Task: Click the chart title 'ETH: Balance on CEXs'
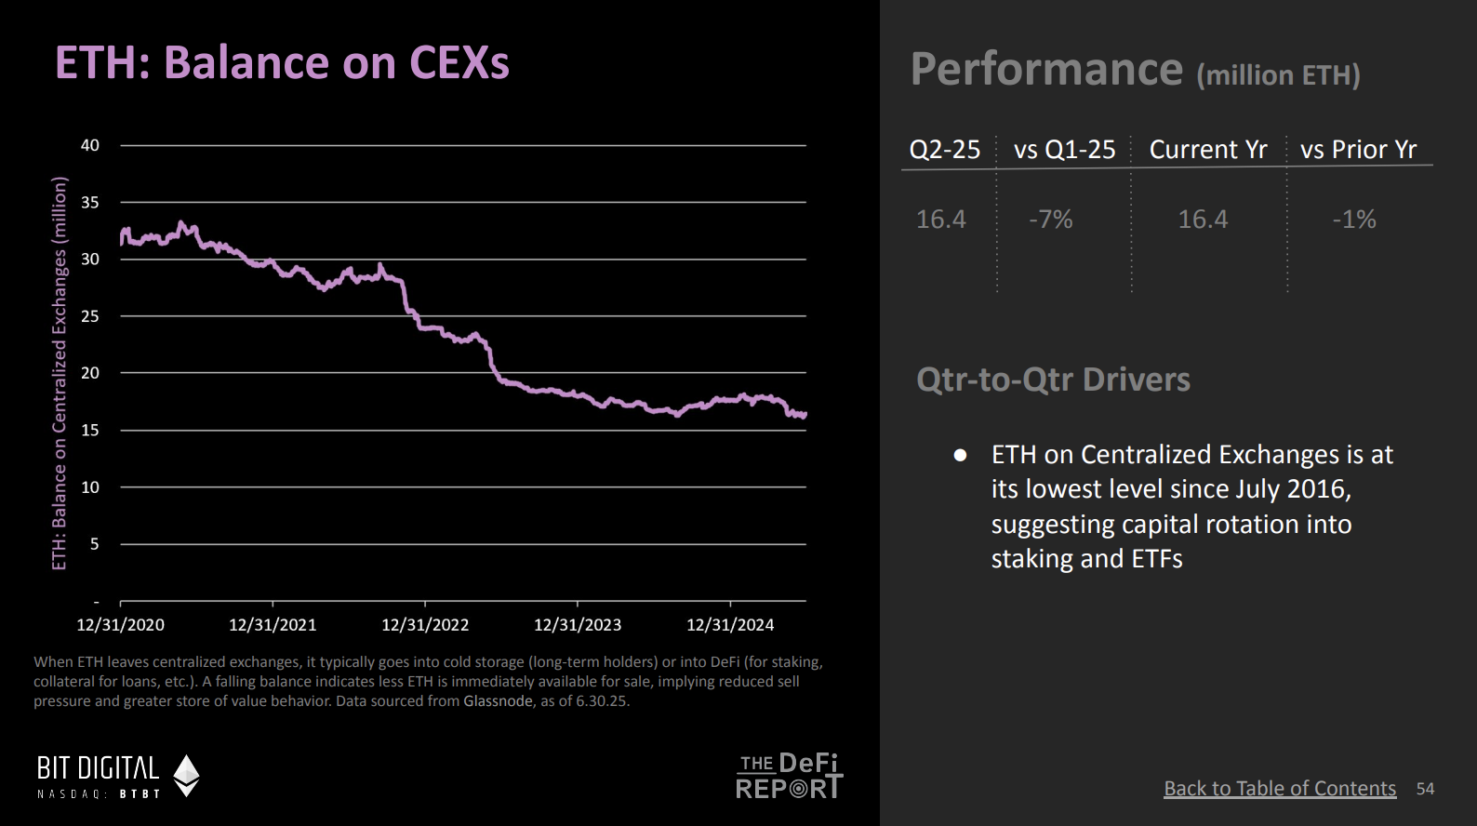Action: pos(282,63)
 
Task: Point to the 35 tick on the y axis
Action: pos(90,202)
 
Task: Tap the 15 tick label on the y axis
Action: pos(90,430)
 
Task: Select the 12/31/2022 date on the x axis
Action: pos(425,625)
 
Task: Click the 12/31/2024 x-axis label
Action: pos(730,625)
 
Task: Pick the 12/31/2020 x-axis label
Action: pos(120,625)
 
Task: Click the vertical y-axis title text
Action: pos(60,373)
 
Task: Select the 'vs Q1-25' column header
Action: pos(1064,150)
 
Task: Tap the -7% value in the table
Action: pos(1051,220)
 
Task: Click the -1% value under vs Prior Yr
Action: pos(1354,220)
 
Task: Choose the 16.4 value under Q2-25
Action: pos(940,220)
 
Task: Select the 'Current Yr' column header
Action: pos(1208,150)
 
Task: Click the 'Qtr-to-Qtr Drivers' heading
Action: pos(1053,380)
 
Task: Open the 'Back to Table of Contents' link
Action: pos(1280,789)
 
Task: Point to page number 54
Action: pos(1425,789)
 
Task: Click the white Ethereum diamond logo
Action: pos(187,776)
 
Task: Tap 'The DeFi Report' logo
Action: pos(789,777)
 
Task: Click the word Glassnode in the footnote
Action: pos(499,701)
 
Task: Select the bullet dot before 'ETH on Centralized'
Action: pos(960,455)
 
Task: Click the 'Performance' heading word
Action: pos(1046,70)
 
